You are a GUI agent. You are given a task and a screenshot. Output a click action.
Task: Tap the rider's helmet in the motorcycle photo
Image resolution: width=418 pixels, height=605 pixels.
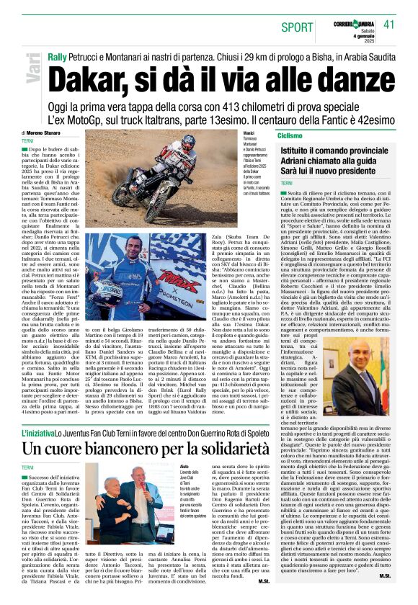pos(187,145)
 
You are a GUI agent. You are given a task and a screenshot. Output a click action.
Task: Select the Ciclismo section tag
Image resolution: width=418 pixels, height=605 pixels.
pos(290,135)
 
